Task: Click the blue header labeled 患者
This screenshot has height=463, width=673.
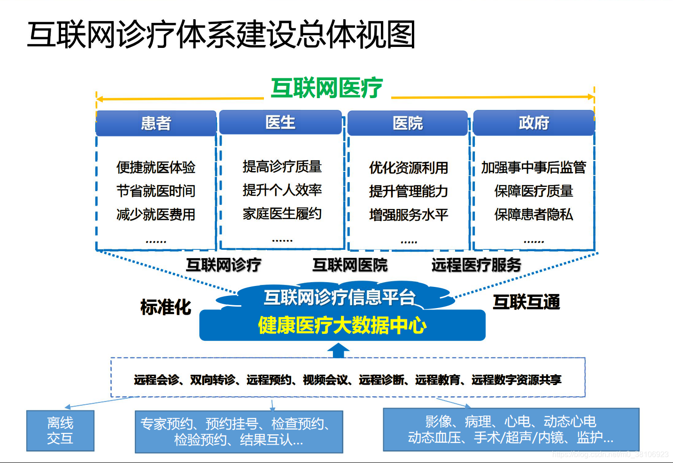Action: tap(156, 123)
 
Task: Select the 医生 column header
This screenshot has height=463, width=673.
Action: tap(280, 122)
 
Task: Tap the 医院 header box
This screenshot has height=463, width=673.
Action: tap(407, 123)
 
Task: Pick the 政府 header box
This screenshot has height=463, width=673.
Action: tap(534, 123)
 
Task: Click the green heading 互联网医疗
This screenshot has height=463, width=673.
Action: tap(327, 88)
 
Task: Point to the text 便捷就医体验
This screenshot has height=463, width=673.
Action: tap(156, 167)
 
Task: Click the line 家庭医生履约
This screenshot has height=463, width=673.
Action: tap(282, 214)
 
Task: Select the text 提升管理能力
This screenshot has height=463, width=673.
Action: tap(409, 191)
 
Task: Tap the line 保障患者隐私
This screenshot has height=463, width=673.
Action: tap(534, 215)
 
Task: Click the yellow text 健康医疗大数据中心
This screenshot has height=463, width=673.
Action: tap(342, 325)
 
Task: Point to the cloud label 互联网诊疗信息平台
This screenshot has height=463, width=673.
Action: tap(340, 297)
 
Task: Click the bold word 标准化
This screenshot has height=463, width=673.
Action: tap(166, 307)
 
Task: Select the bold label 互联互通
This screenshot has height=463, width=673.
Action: tap(526, 302)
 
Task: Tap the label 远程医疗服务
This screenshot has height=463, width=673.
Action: tap(476, 265)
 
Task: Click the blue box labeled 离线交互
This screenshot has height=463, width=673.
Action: tap(61, 431)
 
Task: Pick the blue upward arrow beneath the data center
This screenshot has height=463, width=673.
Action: tap(338, 350)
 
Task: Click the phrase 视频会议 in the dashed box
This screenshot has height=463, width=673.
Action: tap(325, 380)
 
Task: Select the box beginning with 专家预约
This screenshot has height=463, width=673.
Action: tap(239, 432)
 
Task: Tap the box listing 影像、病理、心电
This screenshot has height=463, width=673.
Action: tap(511, 429)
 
